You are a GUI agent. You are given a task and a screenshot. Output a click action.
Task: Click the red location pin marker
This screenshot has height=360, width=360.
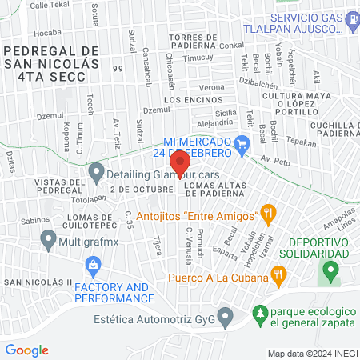coord(180,163)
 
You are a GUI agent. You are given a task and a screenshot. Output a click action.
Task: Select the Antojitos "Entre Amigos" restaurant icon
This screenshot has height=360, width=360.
coord(268,214)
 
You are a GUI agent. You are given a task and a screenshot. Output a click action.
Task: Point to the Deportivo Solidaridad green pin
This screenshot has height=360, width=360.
coord(329,270)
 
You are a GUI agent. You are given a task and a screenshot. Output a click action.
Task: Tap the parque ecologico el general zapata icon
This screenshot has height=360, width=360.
coord(259,314)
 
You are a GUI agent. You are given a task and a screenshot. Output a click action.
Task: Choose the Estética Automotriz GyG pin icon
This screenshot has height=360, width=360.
coord(225,319)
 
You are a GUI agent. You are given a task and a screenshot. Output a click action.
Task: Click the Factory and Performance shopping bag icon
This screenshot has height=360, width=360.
coord(93,264)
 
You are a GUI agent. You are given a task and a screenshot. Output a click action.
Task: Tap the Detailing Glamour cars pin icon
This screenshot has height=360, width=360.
coord(97,171)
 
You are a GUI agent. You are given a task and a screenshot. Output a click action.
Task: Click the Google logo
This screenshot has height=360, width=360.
coord(26,350)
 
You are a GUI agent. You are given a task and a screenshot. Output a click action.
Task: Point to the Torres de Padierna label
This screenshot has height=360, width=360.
coord(205,42)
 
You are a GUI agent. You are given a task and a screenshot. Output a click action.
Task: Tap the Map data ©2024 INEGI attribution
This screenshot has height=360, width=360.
coord(312,353)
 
